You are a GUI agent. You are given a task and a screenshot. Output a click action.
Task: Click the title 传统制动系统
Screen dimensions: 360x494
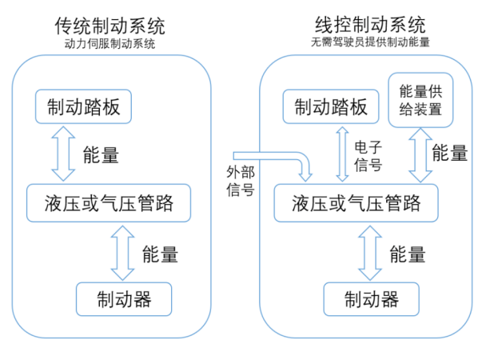pyautogui.click(x=110, y=25)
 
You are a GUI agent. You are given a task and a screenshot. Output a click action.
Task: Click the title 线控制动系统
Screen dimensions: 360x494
pyautogui.click(x=370, y=25)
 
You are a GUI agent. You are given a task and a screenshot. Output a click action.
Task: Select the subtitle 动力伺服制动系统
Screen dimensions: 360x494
pyautogui.click(x=110, y=43)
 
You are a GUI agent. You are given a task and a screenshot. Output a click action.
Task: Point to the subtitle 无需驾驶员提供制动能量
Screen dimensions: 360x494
pyautogui.click(x=371, y=43)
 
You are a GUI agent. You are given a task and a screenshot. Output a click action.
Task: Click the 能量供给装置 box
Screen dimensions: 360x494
pyautogui.click(x=420, y=100)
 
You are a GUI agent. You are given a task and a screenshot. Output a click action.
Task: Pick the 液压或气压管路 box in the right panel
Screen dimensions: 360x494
pyautogui.click(x=357, y=203)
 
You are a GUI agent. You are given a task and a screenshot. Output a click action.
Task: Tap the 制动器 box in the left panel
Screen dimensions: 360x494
pyautogui.click(x=124, y=299)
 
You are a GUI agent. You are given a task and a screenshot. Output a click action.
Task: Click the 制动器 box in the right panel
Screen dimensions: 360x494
pyautogui.click(x=372, y=299)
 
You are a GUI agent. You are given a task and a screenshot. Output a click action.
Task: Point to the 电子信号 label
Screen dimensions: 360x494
pyautogui.click(x=368, y=157)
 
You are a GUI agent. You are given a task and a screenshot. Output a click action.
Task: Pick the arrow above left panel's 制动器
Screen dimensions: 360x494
pyautogui.click(x=124, y=251)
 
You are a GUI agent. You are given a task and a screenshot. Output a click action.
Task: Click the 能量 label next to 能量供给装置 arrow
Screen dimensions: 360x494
pyautogui.click(x=450, y=154)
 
